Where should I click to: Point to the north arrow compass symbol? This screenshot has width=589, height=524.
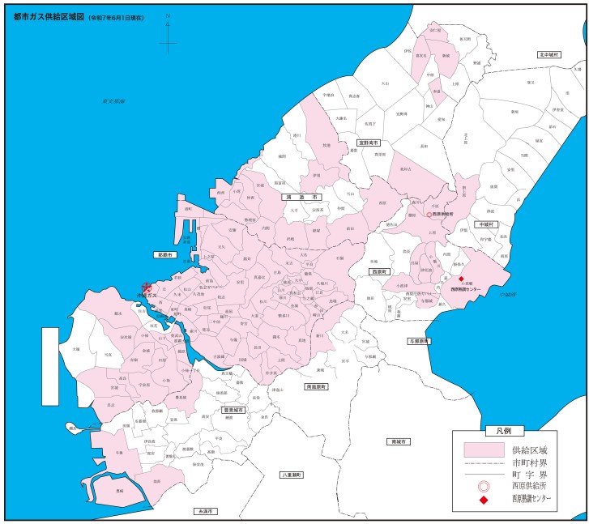(168, 36)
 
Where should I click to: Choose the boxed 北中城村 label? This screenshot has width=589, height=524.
(550, 54)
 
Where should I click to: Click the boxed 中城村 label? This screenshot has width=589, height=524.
(489, 224)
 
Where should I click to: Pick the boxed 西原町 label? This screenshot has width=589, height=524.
(379, 272)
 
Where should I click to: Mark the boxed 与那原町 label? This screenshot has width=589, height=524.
(419, 341)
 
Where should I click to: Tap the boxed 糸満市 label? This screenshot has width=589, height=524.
(206, 512)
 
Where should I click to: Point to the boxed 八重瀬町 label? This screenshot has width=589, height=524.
(291, 474)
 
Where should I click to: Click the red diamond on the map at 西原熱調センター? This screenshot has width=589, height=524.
(462, 279)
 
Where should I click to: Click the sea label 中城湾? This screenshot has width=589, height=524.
(508, 294)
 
